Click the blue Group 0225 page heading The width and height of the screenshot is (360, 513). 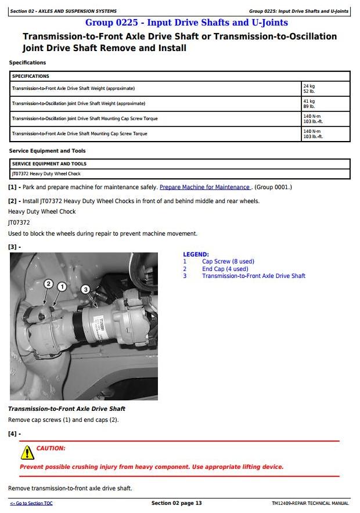click(186, 23)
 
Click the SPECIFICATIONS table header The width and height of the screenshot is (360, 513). click(31, 76)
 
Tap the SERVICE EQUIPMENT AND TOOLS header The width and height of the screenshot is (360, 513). click(49, 164)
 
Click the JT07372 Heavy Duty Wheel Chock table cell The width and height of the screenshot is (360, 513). click(46, 174)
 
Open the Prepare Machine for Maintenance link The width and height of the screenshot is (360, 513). click(205, 187)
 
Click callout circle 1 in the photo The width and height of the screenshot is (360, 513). click(62, 286)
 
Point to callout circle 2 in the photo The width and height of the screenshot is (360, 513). click(49, 284)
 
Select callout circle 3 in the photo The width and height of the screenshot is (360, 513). click(85, 289)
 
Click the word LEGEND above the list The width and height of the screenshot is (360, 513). click(196, 254)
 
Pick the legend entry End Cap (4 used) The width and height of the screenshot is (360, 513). click(225, 269)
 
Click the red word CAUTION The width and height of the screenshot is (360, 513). click(51, 448)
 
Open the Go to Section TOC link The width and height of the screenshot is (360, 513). click(31, 503)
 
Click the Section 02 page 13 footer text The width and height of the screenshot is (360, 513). click(177, 503)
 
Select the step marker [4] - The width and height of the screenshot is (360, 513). click(15, 433)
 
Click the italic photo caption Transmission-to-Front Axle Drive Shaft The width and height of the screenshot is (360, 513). click(67, 409)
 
